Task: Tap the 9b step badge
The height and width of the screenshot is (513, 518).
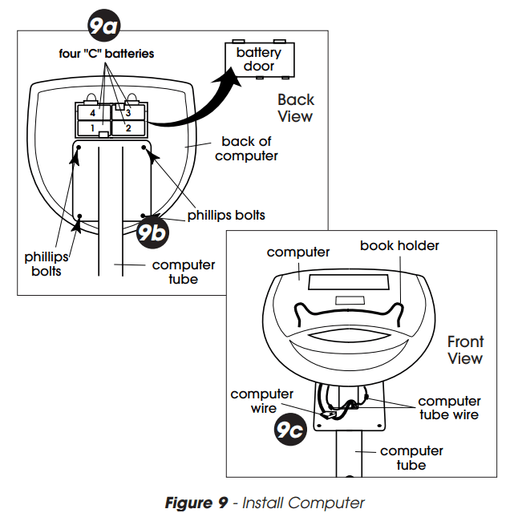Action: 150,232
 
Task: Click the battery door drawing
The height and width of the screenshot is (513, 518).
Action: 259,59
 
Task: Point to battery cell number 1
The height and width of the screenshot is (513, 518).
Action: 93,127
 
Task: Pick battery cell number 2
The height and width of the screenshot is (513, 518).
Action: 128,127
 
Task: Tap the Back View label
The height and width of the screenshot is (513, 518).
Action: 295,107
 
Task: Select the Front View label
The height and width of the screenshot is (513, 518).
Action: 466,350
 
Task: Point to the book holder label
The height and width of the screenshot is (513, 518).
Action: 399,244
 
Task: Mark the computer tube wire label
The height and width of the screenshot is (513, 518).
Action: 449,407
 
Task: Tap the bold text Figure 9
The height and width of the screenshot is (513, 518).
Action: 197,503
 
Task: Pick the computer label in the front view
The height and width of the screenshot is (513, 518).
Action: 298,252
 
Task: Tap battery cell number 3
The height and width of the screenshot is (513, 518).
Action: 128,113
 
